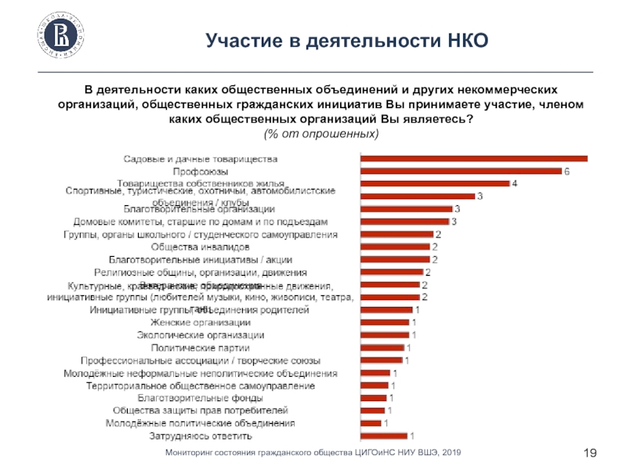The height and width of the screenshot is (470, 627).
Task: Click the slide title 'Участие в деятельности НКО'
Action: [347, 39]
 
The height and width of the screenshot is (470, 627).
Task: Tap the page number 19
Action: [592, 453]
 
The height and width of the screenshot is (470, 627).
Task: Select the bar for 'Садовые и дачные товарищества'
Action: [473, 158]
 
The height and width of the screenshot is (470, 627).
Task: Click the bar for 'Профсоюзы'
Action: [461, 171]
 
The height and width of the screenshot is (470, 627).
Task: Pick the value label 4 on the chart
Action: [515, 183]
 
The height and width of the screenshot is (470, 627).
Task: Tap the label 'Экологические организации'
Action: [200, 335]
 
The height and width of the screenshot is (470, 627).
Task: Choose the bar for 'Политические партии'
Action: [382, 348]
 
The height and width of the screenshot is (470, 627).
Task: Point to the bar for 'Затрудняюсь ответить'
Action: [383, 436]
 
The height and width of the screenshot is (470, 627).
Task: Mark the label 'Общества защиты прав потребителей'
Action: [201, 410]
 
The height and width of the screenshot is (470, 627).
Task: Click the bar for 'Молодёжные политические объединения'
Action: [371, 424]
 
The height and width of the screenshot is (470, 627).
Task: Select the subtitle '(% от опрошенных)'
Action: [321, 135]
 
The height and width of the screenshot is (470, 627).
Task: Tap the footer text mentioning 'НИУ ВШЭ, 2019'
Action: [313, 453]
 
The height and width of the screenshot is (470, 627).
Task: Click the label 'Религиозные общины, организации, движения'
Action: [200, 273]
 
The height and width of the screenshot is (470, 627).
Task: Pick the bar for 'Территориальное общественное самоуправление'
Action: [375, 385]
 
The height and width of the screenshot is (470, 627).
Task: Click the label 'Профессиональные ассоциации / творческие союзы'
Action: [201, 360]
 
